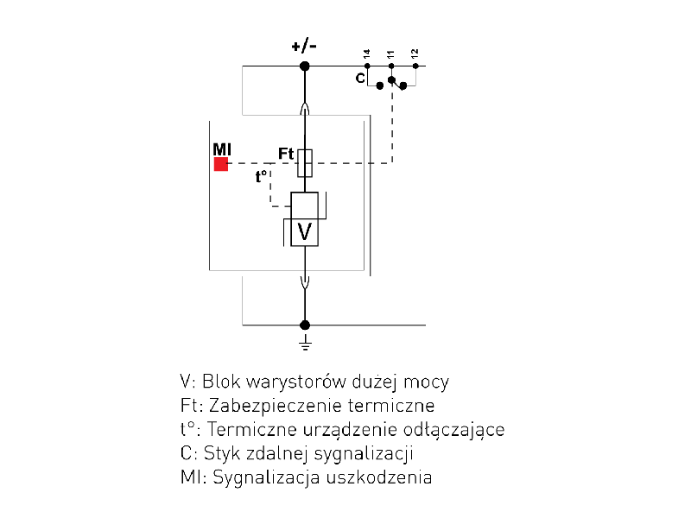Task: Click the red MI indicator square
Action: [x=221, y=164]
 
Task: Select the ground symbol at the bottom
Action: [x=304, y=344]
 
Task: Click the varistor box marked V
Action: [x=304, y=231]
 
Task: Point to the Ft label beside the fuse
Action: [x=286, y=153]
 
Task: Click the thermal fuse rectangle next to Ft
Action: [x=304, y=162]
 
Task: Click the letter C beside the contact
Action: [x=360, y=79]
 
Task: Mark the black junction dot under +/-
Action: [x=304, y=66]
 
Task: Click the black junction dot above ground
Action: [x=304, y=325]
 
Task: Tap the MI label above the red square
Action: [x=222, y=148]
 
